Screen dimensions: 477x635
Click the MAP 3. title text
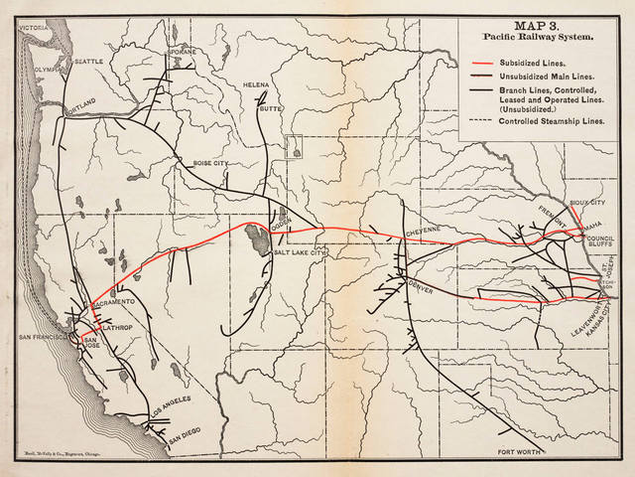539,27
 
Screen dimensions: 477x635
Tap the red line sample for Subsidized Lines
482,62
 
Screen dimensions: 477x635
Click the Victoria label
32,29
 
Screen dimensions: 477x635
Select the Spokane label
182,52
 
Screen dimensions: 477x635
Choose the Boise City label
210,162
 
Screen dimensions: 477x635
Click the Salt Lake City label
300,253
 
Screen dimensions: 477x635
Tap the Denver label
422,285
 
